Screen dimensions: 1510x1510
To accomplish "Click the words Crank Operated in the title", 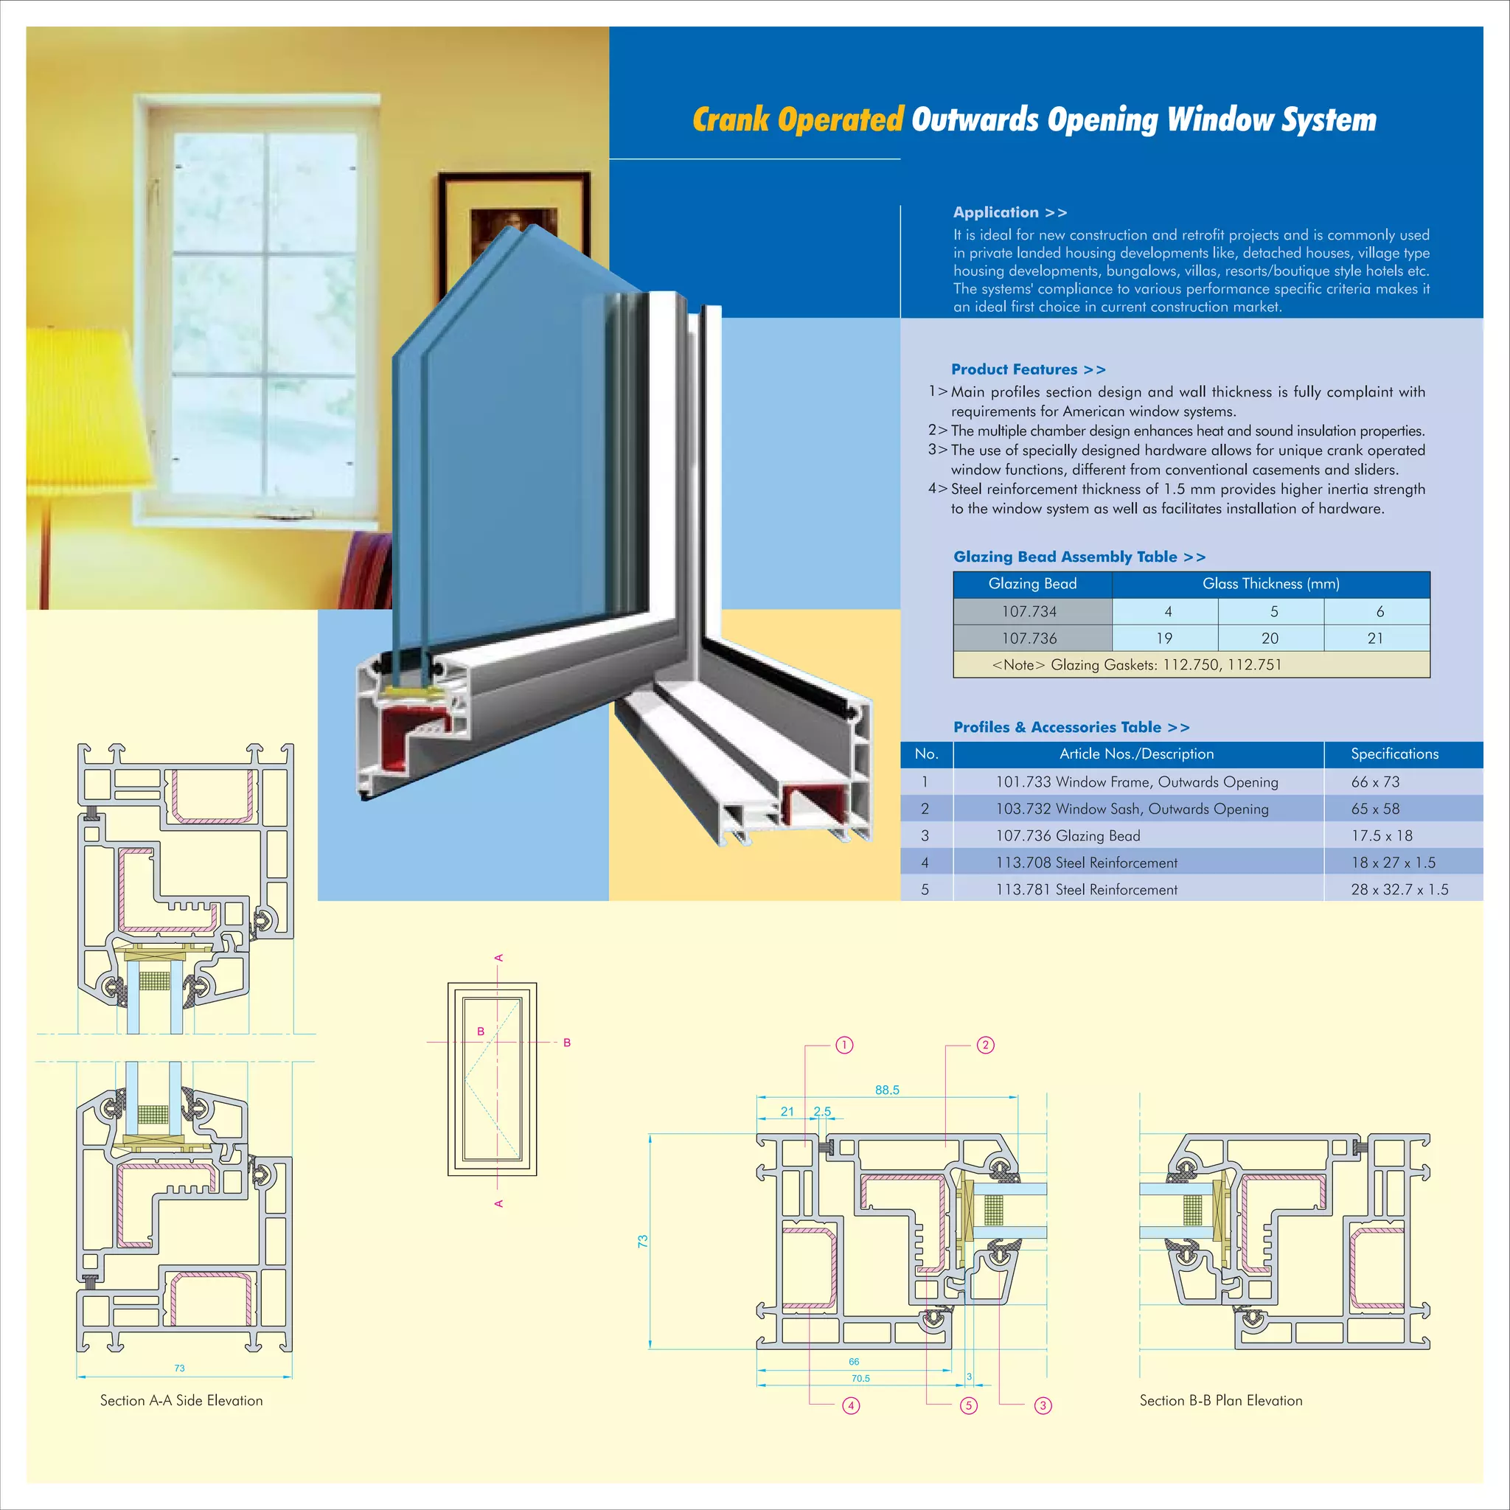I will coord(797,119).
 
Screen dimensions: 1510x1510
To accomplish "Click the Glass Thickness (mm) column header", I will coord(1270,584).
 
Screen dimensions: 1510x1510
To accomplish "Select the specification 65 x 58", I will coord(1375,809).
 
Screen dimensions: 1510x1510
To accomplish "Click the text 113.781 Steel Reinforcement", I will coord(1085,889).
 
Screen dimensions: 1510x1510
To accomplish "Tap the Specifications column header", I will coord(1394,754).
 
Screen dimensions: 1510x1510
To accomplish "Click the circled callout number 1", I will coord(844,1045).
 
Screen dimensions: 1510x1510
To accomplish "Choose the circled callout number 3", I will coord(1043,1406).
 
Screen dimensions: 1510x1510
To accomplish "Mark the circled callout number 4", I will coord(851,1406).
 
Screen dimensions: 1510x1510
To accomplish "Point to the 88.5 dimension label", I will coord(887,1090).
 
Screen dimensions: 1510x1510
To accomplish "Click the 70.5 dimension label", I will coord(860,1379).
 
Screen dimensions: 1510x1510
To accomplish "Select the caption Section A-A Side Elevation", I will coord(181,1401).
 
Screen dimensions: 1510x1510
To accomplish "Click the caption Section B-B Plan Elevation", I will coord(1221,1401).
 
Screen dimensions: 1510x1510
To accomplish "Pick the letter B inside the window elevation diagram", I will coord(481,1031).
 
